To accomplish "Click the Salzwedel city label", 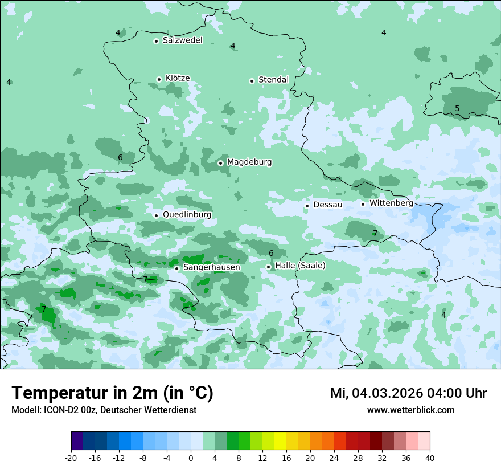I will coord(182,40).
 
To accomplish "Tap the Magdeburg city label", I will coord(249,162).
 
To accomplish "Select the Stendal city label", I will coord(273,80).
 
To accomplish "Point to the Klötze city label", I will coord(177,78).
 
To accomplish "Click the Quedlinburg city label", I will coord(187,215).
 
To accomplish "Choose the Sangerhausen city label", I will coord(211,267).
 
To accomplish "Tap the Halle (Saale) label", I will coord(300,266).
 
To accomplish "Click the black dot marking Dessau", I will coord(307,205).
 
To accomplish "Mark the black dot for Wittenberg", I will coord(363,203).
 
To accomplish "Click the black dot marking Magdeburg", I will coord(220,163).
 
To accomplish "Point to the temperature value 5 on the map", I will coord(457,109).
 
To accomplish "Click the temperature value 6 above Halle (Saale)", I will coord(271,253).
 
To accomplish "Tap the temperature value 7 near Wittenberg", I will coord(375,233).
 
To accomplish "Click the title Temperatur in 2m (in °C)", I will coord(112,393).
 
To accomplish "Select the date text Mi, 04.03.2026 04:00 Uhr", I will coord(408,393).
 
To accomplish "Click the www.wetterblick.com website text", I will coord(410,410).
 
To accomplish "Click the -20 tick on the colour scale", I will coord(71,458).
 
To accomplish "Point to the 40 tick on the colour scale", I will coord(429,458).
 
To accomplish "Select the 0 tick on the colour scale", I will coord(191,458).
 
